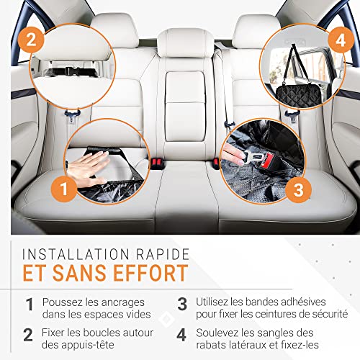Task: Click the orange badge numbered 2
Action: (31, 40)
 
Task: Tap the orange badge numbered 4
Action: (341, 40)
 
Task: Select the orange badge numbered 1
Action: (64, 189)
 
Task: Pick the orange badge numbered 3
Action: (298, 189)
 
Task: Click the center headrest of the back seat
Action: (186, 42)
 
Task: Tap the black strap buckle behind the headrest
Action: (70, 71)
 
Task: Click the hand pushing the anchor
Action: (88, 167)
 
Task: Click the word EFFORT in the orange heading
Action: (150, 273)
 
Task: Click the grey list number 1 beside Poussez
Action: (30, 305)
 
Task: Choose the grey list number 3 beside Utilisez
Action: (182, 304)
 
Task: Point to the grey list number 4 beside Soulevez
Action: (181, 335)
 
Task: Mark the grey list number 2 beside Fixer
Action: (28, 335)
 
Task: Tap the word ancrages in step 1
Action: (123, 303)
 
